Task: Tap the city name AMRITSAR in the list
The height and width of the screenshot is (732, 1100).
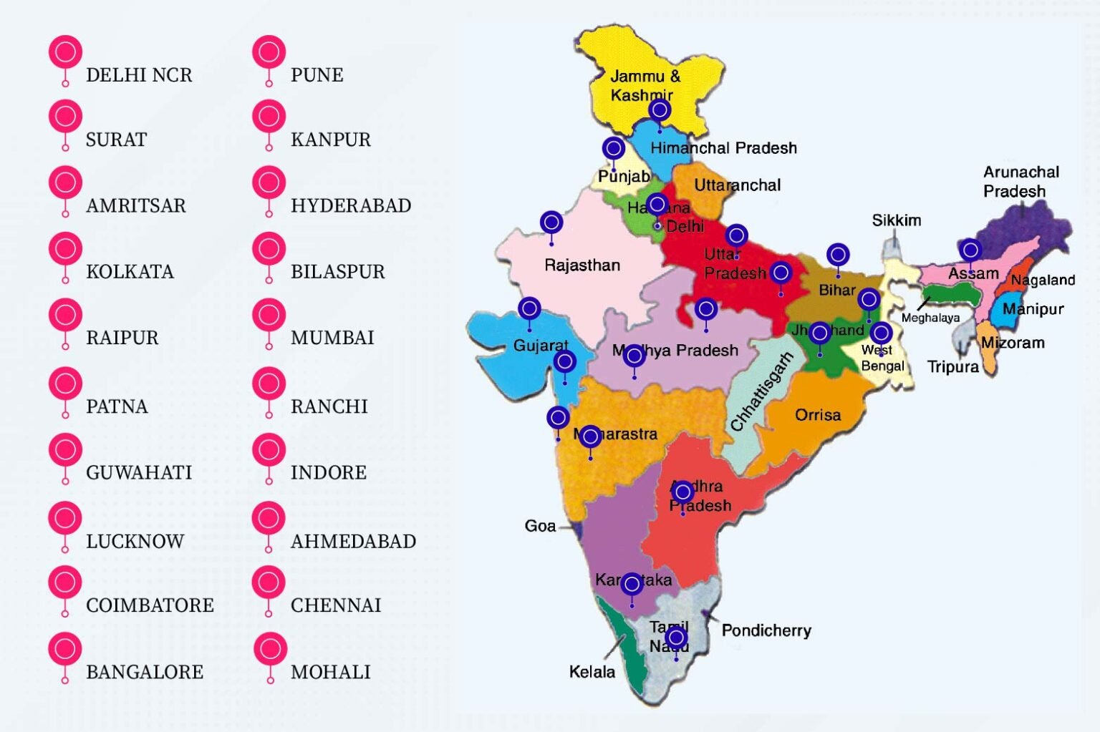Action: [135, 206]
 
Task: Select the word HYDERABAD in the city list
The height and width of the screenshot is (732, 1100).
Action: [350, 206]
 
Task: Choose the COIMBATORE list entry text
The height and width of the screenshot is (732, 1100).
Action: [150, 605]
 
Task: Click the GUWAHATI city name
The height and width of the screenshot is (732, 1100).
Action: [138, 473]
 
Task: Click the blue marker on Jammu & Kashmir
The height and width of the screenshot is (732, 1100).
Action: [660, 110]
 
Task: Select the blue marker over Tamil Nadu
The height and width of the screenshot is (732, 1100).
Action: [676, 637]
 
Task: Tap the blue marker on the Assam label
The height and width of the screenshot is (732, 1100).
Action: [970, 250]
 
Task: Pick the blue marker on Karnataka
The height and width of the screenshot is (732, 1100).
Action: [631, 585]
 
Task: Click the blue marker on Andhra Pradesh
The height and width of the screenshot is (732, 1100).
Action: [682, 492]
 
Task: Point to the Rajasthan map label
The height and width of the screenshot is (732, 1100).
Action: [582, 265]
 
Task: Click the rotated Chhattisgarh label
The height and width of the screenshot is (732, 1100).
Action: [761, 391]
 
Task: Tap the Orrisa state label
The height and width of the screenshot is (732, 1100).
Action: [818, 415]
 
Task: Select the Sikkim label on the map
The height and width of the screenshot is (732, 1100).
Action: [896, 220]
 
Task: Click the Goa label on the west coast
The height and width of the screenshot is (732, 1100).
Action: [540, 526]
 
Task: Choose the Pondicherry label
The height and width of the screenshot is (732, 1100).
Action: [766, 630]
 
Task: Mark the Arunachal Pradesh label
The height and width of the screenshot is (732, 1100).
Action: [1021, 182]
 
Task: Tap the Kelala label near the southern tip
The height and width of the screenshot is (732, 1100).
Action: [592, 672]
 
